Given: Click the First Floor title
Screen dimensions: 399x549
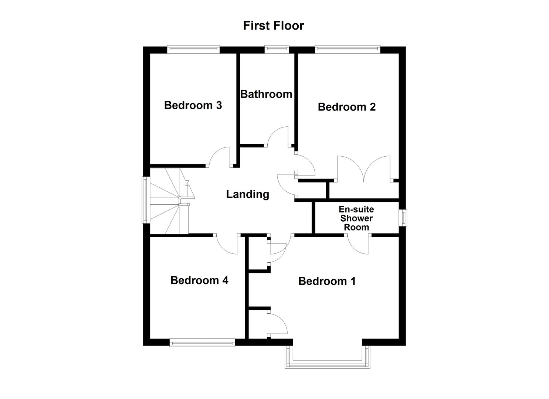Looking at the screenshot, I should [274, 25].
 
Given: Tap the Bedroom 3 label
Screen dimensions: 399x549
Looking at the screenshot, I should [193, 105].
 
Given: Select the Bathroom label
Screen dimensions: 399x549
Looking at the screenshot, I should [266, 94].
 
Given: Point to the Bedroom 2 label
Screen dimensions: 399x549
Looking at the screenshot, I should [346, 107].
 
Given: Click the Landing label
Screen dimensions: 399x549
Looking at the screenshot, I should [247, 194].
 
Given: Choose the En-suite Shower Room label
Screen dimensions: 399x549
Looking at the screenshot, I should [356, 218].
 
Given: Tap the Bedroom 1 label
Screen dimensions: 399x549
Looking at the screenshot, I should [327, 281].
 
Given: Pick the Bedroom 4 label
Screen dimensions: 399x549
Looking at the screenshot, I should [199, 280].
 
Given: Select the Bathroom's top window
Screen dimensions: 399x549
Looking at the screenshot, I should [277, 47].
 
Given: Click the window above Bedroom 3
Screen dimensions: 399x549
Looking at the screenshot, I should [193, 47].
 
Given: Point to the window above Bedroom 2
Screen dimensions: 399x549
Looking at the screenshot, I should [347, 47].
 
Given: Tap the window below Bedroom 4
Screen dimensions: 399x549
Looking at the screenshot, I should [202, 343].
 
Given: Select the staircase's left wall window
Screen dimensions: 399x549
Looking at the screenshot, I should [146, 200].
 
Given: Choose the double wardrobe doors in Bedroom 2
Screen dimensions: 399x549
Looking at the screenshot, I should [364, 169].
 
